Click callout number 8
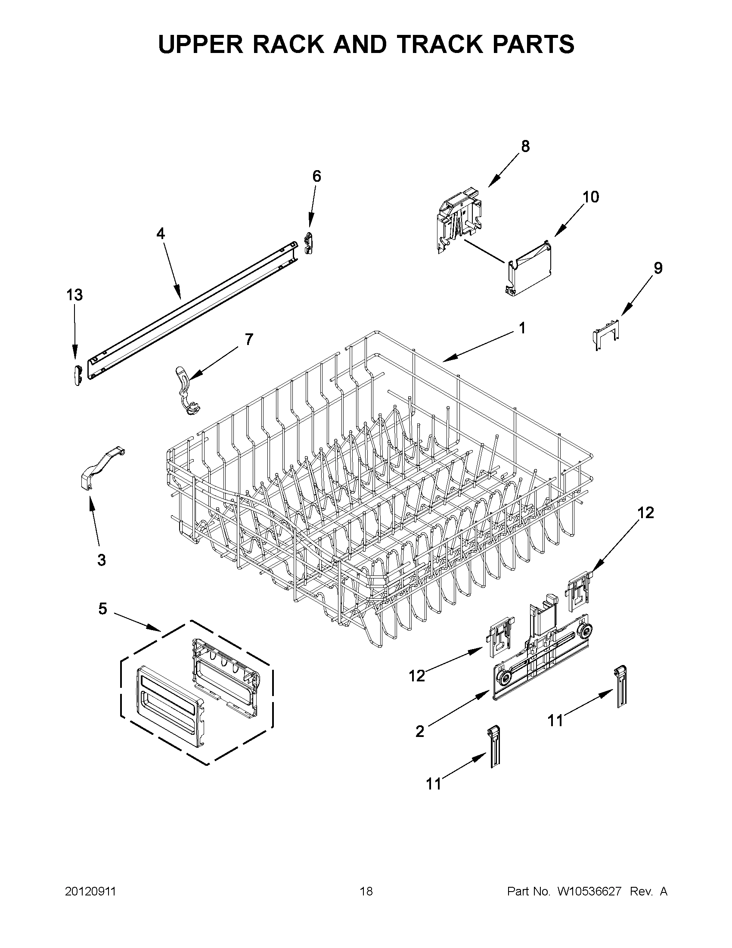point(525,147)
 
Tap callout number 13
point(74,295)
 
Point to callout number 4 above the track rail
point(161,234)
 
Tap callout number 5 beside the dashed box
point(102,609)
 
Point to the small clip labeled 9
point(606,333)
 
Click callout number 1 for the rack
point(522,329)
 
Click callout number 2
point(419,732)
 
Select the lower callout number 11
point(434,784)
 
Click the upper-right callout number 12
point(645,513)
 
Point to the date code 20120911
point(90,892)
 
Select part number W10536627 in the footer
point(589,892)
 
